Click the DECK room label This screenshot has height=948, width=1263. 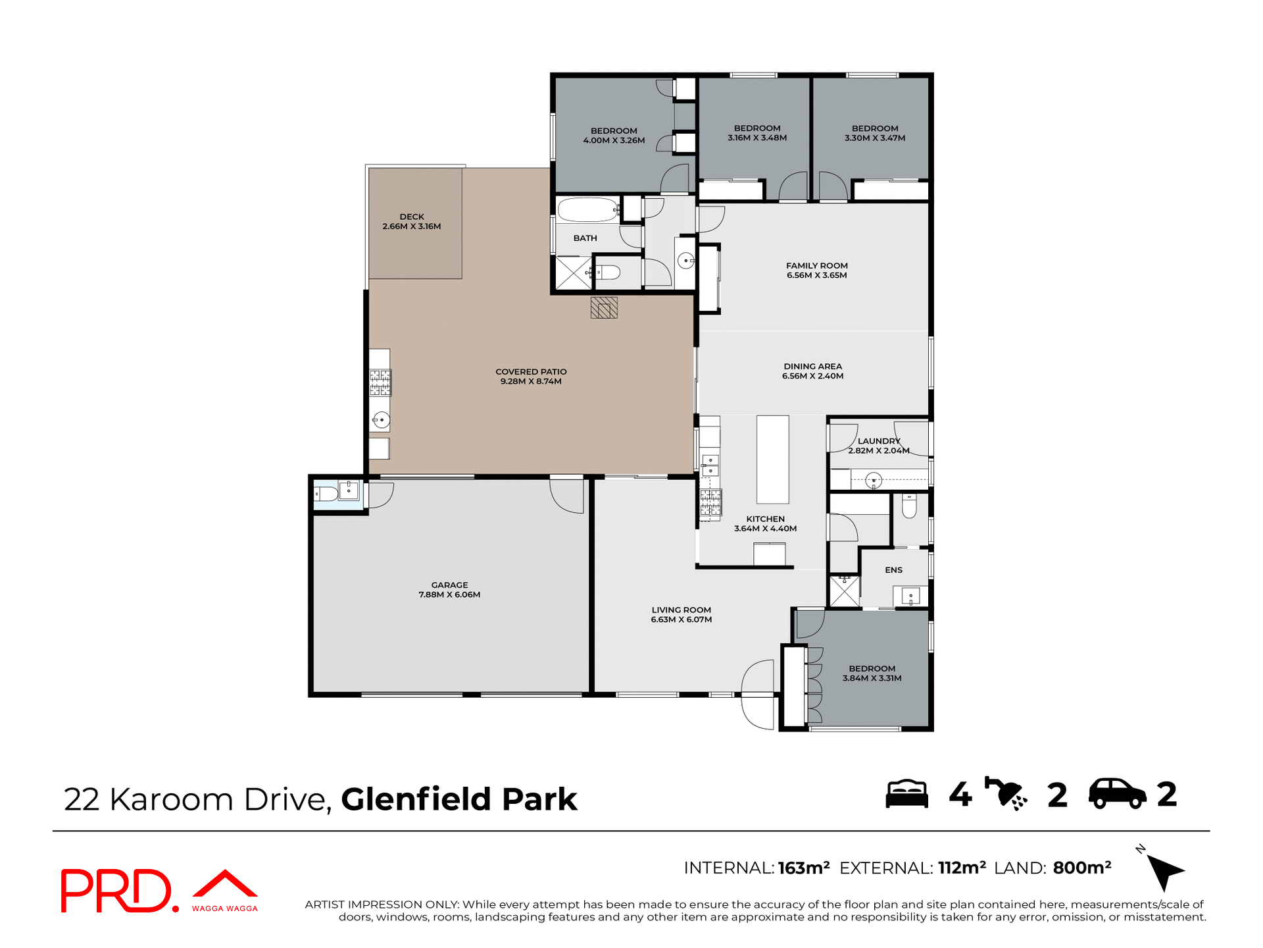click(412, 217)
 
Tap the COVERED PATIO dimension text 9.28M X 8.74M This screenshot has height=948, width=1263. click(531, 382)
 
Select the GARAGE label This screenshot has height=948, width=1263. click(449, 585)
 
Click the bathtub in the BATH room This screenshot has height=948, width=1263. click(587, 211)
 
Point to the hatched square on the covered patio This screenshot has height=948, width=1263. click(604, 308)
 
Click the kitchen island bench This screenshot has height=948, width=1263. click(772, 459)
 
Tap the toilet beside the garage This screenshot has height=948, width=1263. click(326, 493)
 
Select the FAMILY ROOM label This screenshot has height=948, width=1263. click(816, 266)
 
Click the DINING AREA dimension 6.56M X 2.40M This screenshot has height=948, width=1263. click(812, 377)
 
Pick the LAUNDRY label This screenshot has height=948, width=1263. click(878, 441)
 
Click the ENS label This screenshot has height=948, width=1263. click(893, 570)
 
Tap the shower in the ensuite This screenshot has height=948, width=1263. click(844, 591)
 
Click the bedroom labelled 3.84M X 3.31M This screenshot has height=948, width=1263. click(872, 673)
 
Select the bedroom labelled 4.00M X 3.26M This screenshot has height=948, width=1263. click(614, 136)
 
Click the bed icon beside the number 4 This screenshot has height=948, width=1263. click(906, 794)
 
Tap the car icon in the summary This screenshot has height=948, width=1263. click(1117, 794)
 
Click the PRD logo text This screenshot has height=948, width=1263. click(117, 891)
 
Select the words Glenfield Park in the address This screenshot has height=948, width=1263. click(458, 799)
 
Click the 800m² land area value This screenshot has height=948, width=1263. click(1081, 868)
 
